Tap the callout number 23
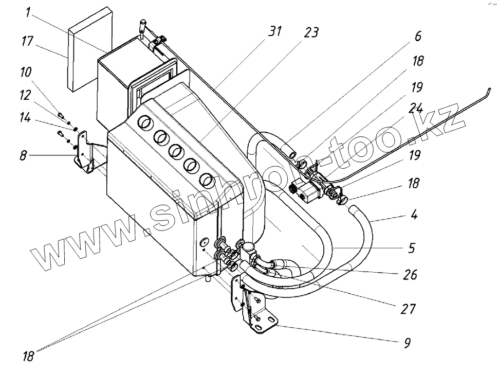point(311,32)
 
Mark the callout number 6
point(417,36)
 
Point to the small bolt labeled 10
point(60,114)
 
